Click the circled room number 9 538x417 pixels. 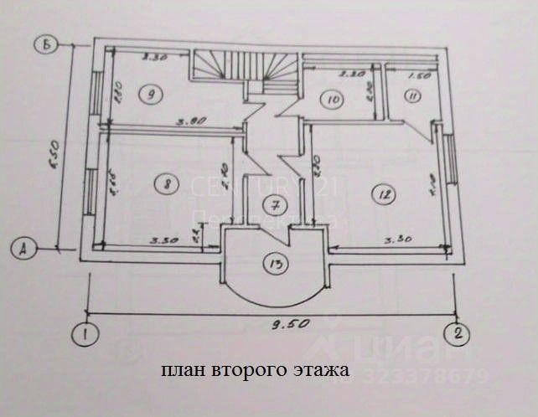click(152, 94)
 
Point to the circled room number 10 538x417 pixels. click(333, 99)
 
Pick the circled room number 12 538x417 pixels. click(385, 195)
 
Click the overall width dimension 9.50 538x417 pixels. click(272, 322)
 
